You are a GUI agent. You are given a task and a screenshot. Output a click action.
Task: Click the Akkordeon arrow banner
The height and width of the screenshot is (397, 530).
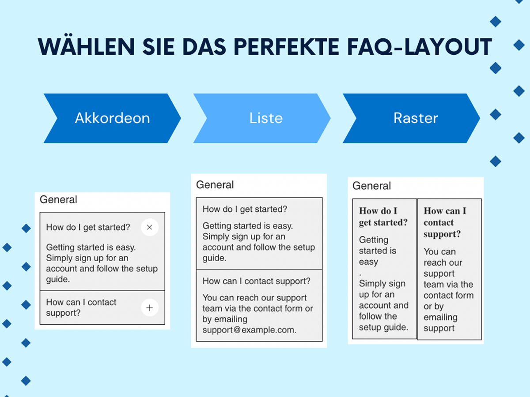pos(112,118)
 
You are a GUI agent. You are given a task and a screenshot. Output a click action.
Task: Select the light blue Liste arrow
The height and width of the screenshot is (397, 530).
pos(262,118)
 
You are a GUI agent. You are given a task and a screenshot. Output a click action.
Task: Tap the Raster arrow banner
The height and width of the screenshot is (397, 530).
pos(411,118)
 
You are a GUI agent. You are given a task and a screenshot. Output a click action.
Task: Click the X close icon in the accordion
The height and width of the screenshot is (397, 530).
pos(150,227)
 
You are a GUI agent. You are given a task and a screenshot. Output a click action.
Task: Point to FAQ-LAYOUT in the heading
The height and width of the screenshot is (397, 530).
pos(420,47)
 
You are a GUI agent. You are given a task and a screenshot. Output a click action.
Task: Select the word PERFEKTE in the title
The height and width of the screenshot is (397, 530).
pos(286,47)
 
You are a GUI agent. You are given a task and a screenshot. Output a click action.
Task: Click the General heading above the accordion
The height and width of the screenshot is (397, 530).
pos(58,199)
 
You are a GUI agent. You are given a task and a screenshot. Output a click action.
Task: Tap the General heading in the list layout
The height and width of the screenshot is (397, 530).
pos(215,185)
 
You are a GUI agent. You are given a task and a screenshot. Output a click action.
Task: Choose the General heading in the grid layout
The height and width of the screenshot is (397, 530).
pos(371,186)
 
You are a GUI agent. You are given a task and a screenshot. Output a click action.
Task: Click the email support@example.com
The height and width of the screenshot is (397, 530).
pos(249,330)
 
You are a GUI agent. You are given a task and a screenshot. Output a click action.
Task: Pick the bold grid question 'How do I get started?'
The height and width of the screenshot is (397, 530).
pos(383,217)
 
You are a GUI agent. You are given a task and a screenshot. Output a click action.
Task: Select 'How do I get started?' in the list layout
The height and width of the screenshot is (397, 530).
pos(245,209)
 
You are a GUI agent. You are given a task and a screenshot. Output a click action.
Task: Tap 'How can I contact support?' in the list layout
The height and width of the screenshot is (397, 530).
pos(257,281)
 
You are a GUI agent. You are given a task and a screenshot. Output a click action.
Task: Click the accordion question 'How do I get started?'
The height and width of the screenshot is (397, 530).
pos(88,227)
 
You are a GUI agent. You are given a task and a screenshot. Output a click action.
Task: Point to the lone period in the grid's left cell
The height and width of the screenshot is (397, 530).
pos(360,274)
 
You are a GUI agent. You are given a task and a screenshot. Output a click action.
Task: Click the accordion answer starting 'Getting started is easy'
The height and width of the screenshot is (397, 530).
pos(102,263)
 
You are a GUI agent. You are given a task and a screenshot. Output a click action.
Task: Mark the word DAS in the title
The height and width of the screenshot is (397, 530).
pos(204,47)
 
